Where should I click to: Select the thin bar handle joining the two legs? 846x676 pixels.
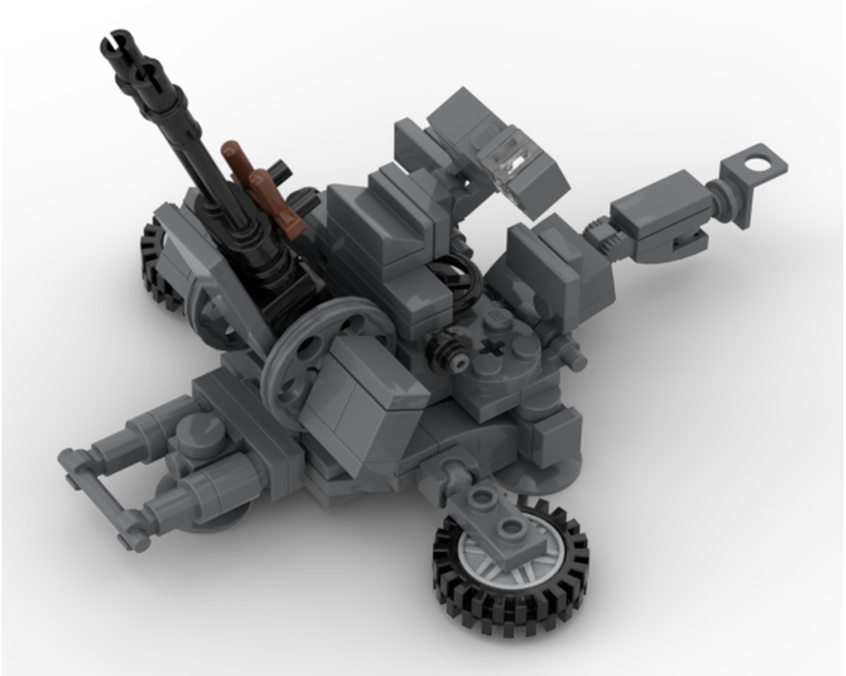coord(97,499)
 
